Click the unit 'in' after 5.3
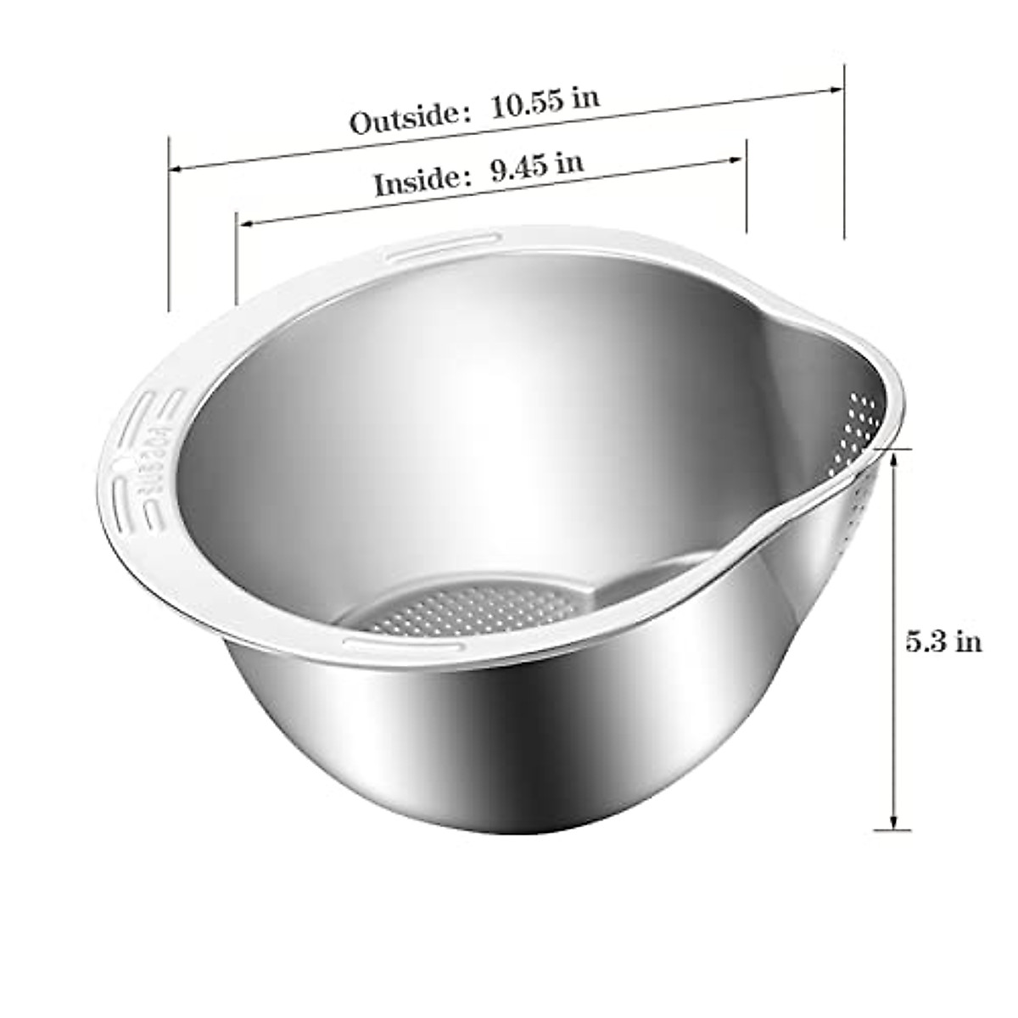pos(968,641)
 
